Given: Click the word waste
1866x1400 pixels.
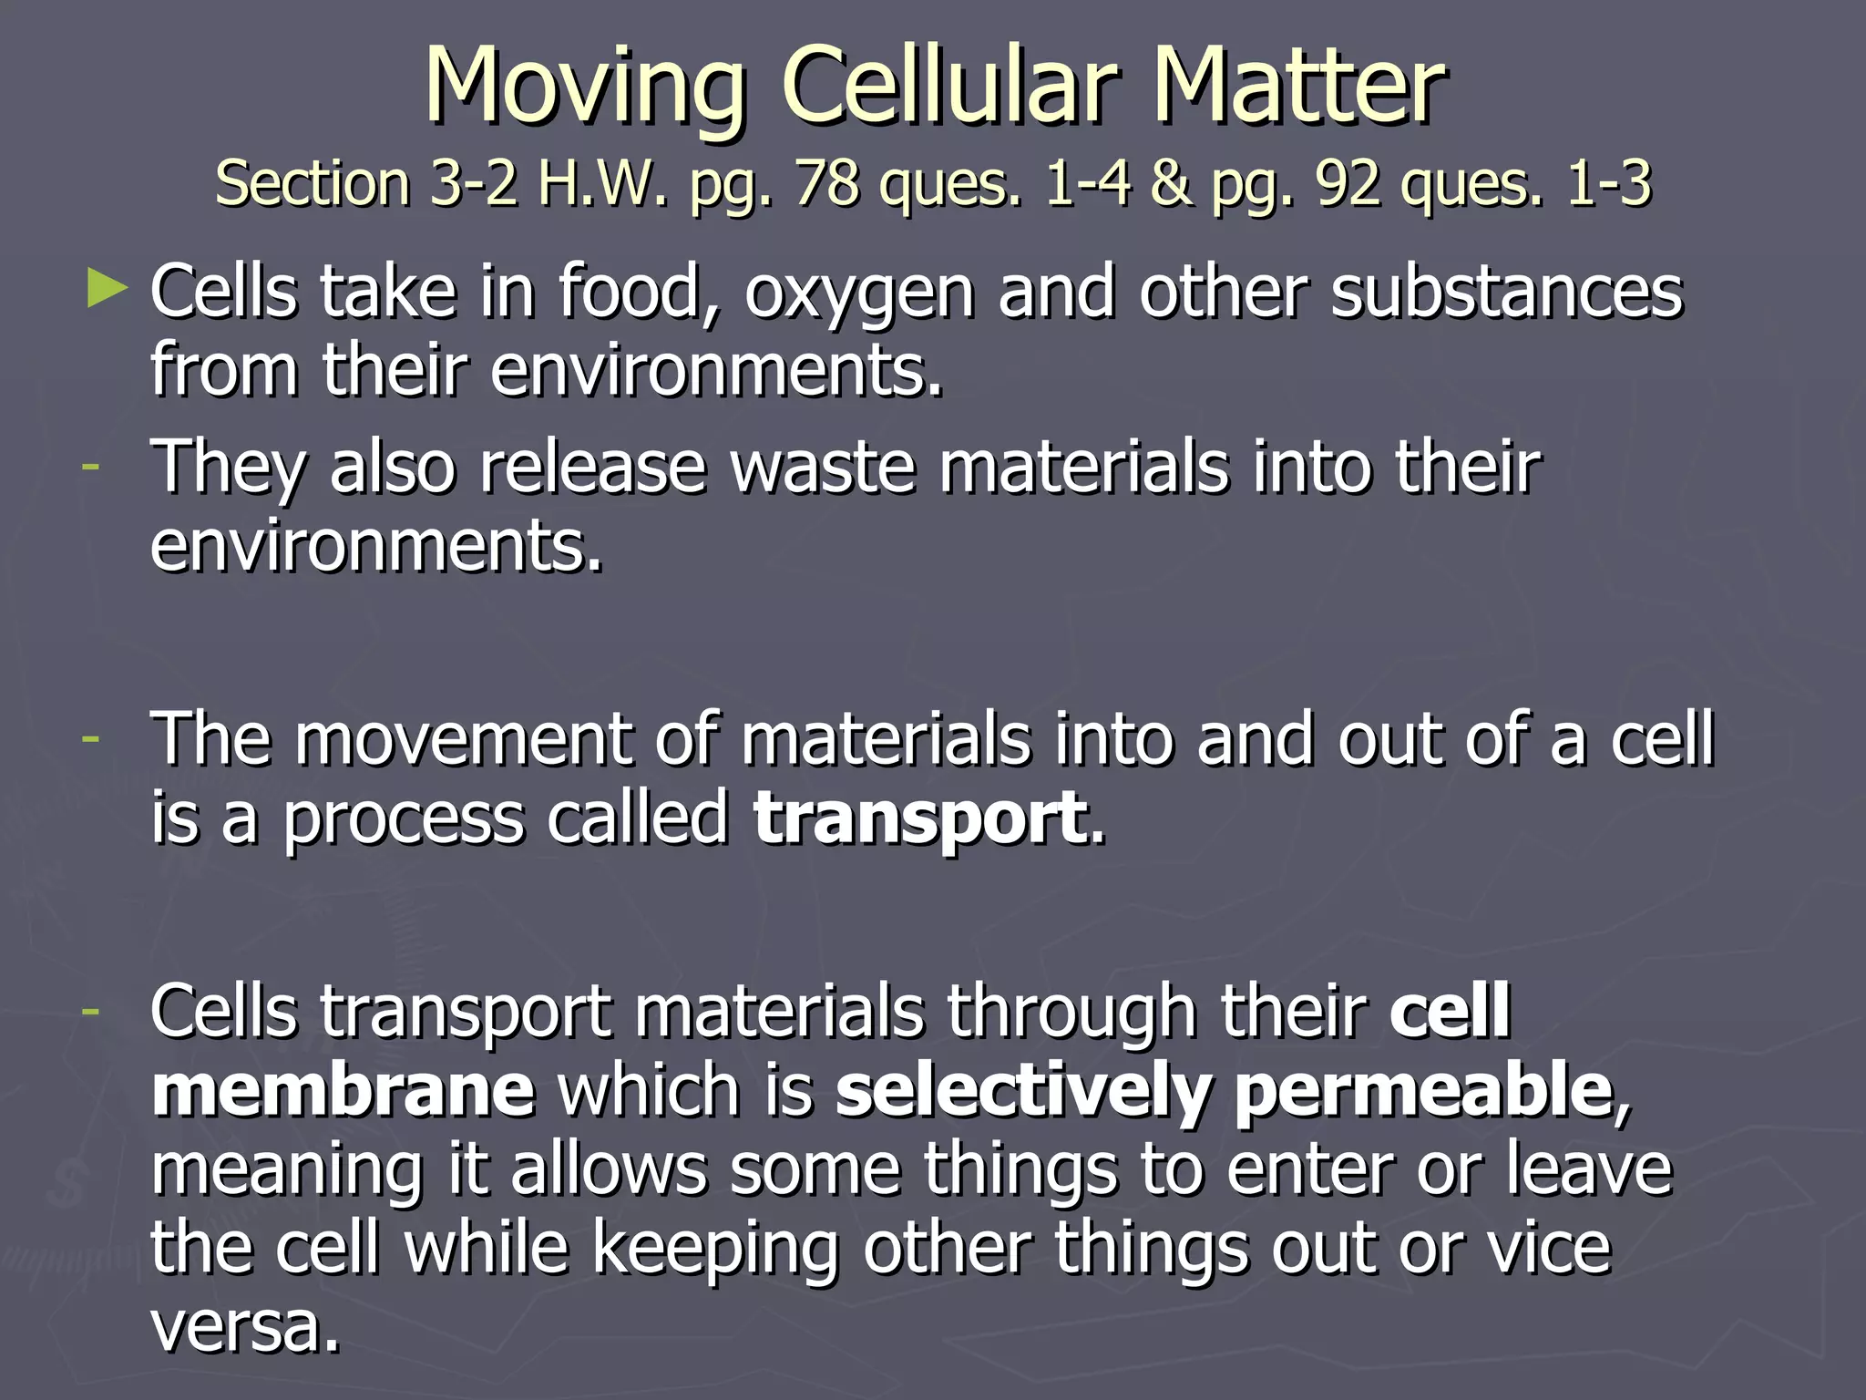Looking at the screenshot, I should coord(823,468).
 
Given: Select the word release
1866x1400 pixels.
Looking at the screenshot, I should coord(593,468).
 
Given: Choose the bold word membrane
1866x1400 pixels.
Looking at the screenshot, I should coord(343,1090).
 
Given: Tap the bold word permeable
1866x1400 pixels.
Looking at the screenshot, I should coord(1422,1092).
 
